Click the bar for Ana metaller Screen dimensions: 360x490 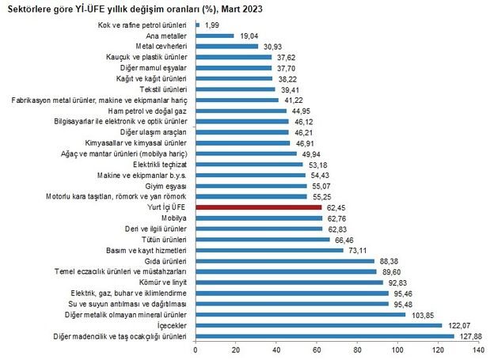tap(214, 36)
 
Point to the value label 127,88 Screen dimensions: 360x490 tap(466, 335)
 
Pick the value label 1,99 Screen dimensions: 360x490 tap(211, 25)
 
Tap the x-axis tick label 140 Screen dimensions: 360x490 tap(477, 350)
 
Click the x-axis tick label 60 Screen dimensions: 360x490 tap(316, 350)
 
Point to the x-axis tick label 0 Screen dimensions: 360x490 tap(195, 350)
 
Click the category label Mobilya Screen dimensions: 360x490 tap(174, 218)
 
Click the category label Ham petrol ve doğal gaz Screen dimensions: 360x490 tap(150, 111)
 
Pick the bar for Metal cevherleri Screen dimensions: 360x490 tap(226, 47)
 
